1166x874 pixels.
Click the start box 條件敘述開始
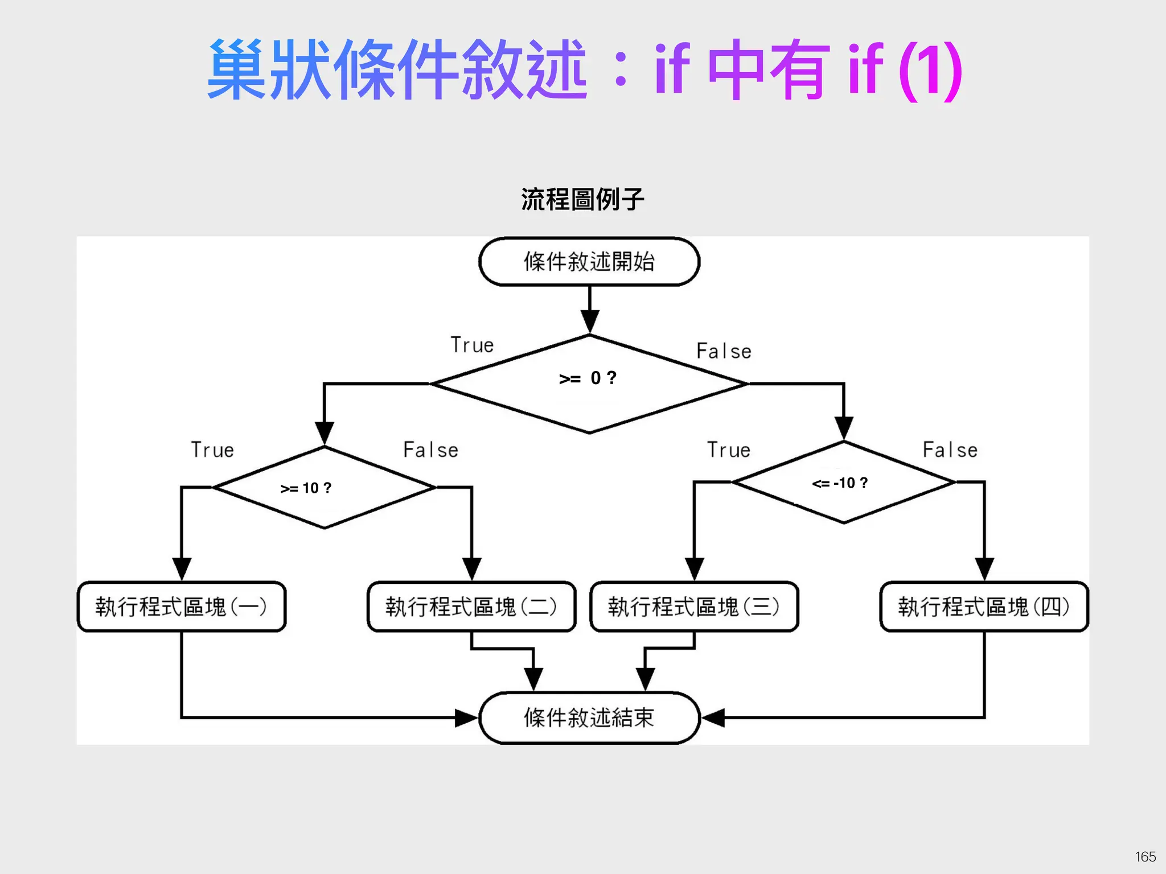pyautogui.click(x=589, y=262)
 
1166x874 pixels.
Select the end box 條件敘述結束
pyautogui.click(x=589, y=718)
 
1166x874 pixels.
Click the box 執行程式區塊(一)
pyautogui.click(x=181, y=607)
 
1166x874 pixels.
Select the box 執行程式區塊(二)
pyautogui.click(x=471, y=607)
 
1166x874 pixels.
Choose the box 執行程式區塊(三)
pyautogui.click(x=694, y=607)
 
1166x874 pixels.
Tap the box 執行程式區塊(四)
pyautogui.click(x=984, y=607)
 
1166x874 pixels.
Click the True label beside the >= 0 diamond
pyautogui.click(x=472, y=345)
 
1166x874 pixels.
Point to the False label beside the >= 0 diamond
pyautogui.click(x=724, y=351)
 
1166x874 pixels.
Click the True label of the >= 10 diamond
pyautogui.click(x=212, y=450)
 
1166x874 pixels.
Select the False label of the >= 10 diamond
pyautogui.click(x=430, y=450)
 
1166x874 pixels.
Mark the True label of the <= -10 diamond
pyautogui.click(x=729, y=450)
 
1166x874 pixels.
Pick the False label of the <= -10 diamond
pyautogui.click(x=950, y=450)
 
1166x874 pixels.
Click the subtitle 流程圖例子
pyautogui.click(x=582, y=199)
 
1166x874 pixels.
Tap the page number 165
pyautogui.click(x=1145, y=857)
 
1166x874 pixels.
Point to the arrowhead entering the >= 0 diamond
pyautogui.click(x=589, y=321)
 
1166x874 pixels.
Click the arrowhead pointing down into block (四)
pyautogui.click(x=984, y=569)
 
